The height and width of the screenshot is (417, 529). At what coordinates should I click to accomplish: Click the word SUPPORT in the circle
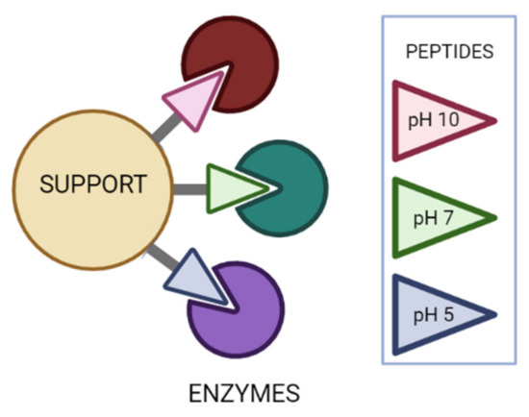click(x=92, y=183)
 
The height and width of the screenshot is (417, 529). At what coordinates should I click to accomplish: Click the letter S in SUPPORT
click(x=46, y=183)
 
